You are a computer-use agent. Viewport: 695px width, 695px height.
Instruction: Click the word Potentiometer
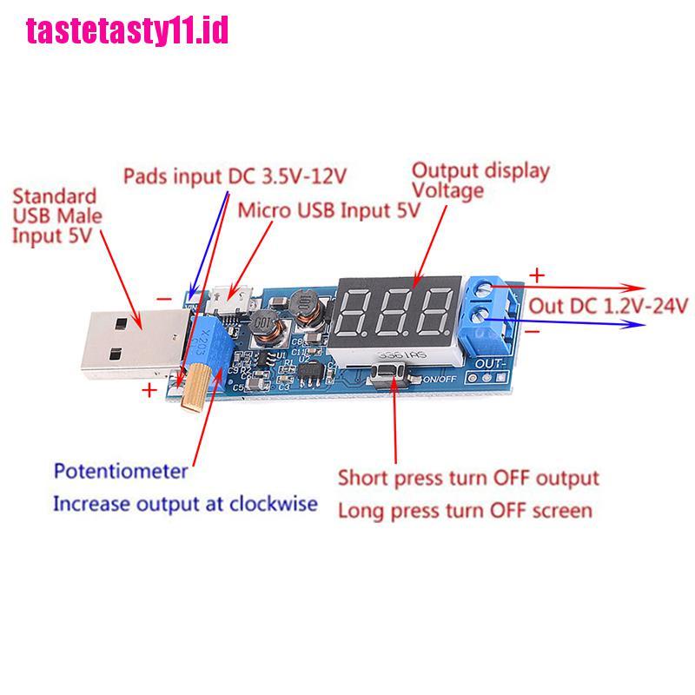(121, 472)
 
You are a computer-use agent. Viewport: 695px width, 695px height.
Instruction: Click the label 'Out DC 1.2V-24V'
(609, 305)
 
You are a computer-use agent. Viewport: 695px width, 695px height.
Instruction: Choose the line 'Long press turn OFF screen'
(464, 510)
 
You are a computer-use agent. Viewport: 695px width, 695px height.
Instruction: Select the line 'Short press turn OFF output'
(468, 478)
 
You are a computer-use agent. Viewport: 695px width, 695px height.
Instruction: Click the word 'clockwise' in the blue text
(273, 504)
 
